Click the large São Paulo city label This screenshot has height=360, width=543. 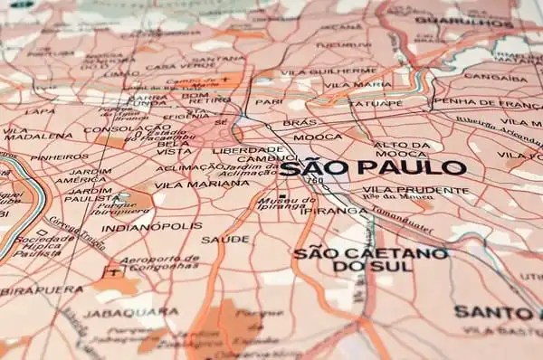[x=373, y=167]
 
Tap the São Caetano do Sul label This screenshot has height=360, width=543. [x=370, y=260]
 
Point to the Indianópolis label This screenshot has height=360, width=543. [x=151, y=227]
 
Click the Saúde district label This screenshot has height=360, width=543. [x=224, y=240]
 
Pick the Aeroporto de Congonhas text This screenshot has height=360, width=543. [x=159, y=263]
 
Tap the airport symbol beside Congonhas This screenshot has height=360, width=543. [x=112, y=270]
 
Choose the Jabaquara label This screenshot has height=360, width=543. [x=119, y=313]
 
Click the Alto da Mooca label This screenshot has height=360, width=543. [x=401, y=149]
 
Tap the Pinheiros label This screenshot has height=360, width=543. [x=59, y=157]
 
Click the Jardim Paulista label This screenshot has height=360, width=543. [x=88, y=194]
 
